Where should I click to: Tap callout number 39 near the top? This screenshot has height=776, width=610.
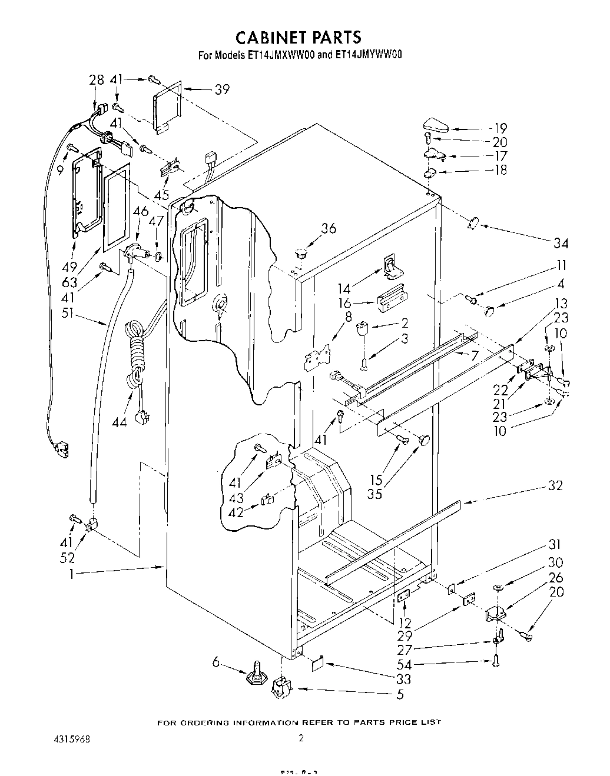coord(221,89)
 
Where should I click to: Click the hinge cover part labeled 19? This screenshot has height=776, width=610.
coord(435,125)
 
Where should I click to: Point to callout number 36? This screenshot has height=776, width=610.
coord(328,228)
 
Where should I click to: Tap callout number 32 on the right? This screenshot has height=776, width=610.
coord(555,486)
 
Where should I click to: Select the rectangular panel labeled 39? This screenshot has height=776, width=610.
coord(166,106)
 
